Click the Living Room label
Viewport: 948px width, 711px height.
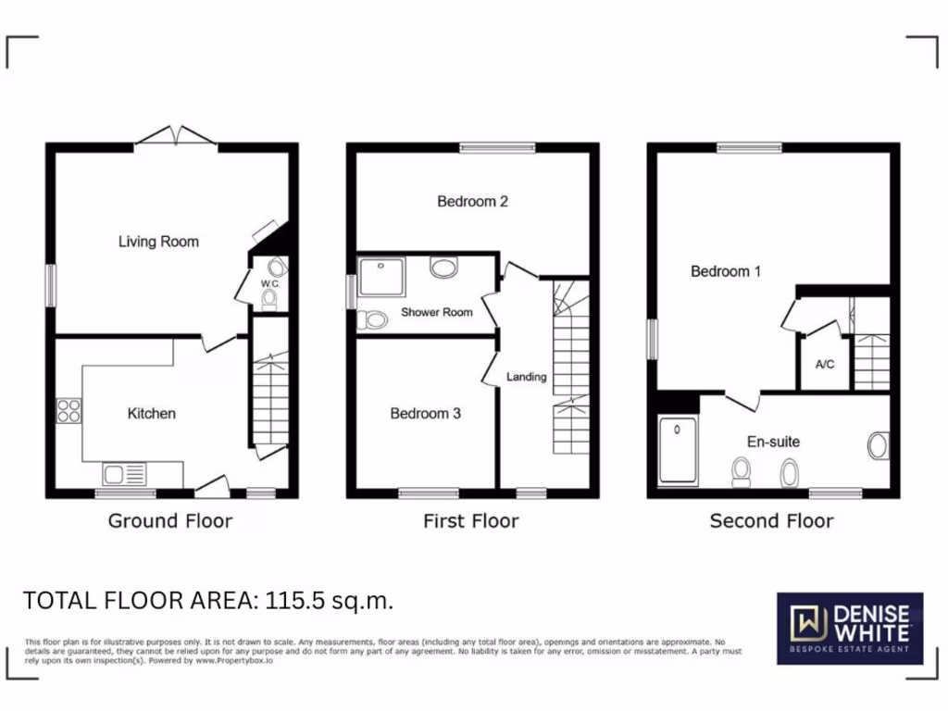tap(158, 242)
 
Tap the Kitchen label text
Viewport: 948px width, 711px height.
tap(151, 413)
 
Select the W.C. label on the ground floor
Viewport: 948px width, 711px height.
tap(269, 283)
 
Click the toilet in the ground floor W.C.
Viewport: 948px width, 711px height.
tap(270, 299)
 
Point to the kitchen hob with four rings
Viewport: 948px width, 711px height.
tap(69, 409)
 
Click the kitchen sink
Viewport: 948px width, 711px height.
tap(119, 475)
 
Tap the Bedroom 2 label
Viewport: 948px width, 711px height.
tap(472, 201)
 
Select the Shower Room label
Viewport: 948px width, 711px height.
tap(436, 312)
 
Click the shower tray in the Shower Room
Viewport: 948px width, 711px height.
tap(378, 277)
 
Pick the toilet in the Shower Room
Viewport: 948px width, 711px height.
tap(373, 320)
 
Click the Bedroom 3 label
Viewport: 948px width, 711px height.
tap(425, 413)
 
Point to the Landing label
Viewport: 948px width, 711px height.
tap(526, 377)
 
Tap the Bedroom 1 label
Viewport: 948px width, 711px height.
tap(726, 271)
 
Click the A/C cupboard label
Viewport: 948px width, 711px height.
tap(824, 364)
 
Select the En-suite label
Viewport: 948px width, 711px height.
tap(774, 442)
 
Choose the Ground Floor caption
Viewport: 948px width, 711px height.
tap(170, 520)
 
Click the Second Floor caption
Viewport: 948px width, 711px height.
tap(771, 520)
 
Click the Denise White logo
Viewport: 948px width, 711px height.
tap(848, 628)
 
